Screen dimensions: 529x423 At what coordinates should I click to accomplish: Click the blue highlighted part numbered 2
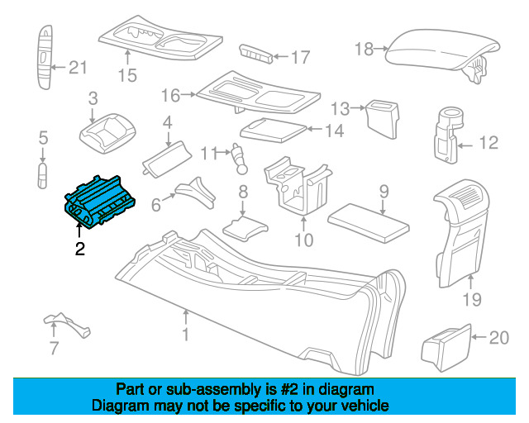99,202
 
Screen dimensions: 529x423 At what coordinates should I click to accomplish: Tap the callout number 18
364,49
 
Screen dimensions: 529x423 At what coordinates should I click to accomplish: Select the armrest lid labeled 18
443,54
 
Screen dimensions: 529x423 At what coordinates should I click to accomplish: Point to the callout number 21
78,68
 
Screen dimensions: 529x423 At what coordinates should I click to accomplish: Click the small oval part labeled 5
42,175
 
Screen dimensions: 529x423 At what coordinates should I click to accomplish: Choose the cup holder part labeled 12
448,135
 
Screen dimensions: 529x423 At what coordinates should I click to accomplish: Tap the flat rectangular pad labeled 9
369,222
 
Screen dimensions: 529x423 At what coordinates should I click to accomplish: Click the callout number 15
127,75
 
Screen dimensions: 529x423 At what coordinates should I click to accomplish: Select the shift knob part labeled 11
240,159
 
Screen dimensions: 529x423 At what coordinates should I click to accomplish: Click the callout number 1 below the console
185,335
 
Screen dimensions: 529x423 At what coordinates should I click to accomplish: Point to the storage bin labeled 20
446,348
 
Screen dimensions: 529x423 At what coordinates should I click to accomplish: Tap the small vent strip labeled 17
255,54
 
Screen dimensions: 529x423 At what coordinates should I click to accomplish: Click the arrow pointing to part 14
315,129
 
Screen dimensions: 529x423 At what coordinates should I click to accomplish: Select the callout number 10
303,240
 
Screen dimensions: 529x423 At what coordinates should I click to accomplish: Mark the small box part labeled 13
383,119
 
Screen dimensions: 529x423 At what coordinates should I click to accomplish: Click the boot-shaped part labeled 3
107,133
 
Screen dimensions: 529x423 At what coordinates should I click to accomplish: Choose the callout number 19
472,299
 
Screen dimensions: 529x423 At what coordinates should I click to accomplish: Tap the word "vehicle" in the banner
366,406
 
